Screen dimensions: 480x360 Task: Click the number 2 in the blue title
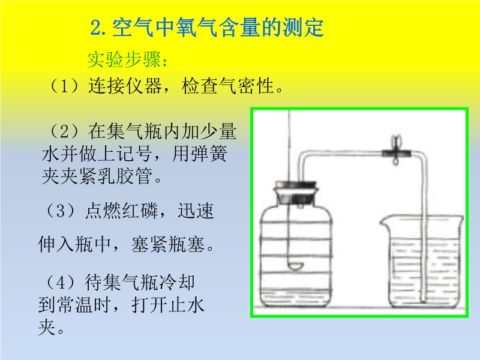tap(96, 28)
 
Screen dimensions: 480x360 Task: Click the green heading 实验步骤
tap(124, 59)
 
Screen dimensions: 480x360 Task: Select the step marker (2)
tap(65, 131)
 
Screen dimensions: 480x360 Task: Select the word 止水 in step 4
tap(186, 305)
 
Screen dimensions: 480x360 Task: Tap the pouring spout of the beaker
tap(384, 221)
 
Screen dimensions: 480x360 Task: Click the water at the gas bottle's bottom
tap(296, 298)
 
